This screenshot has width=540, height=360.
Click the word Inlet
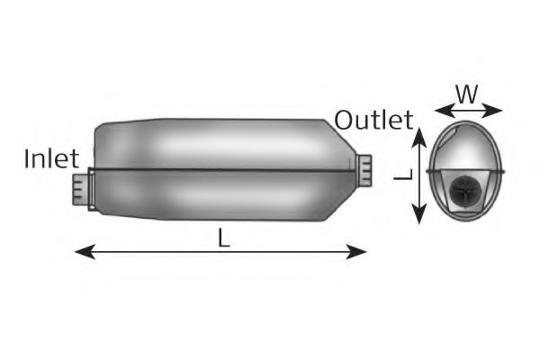(x=51, y=158)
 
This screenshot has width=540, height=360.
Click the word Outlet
(x=373, y=120)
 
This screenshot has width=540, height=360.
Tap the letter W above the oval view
(x=467, y=94)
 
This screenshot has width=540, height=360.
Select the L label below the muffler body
(x=224, y=238)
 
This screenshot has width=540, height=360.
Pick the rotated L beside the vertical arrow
(x=403, y=175)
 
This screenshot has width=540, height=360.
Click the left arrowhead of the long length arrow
(x=85, y=252)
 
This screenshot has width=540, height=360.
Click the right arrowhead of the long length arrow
(x=356, y=252)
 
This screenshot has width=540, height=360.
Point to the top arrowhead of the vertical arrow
(x=419, y=138)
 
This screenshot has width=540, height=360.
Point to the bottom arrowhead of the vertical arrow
(x=419, y=213)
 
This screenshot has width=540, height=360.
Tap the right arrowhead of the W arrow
(x=492, y=111)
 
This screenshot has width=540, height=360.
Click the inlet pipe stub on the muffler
(x=81, y=190)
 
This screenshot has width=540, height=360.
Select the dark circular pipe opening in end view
(x=464, y=191)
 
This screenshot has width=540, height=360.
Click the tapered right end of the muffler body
(x=340, y=170)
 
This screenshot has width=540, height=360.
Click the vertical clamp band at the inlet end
(x=92, y=189)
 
